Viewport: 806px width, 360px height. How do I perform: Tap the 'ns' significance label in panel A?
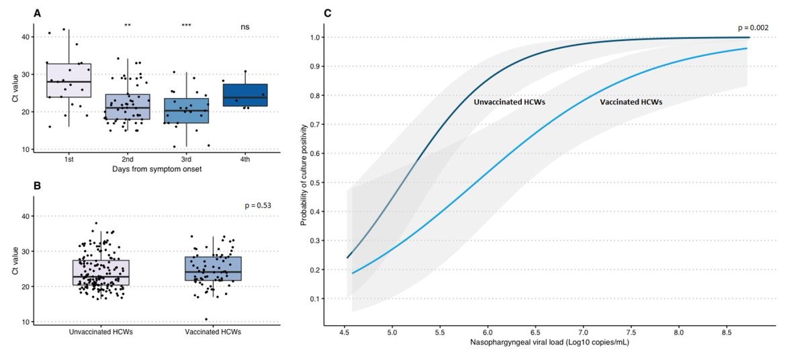(245, 26)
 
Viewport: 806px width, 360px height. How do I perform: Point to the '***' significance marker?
(186, 26)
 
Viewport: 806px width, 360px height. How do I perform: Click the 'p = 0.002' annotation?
(752, 28)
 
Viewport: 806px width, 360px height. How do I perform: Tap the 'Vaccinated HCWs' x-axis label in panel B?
(212, 332)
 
